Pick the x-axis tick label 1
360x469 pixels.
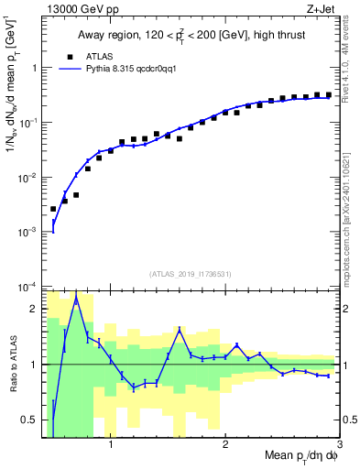[111, 446]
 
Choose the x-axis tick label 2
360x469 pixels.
[225, 446]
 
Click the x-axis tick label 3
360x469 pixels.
[339, 446]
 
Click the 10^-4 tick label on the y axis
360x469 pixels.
[29, 287]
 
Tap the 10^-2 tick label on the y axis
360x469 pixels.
[29, 177]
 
